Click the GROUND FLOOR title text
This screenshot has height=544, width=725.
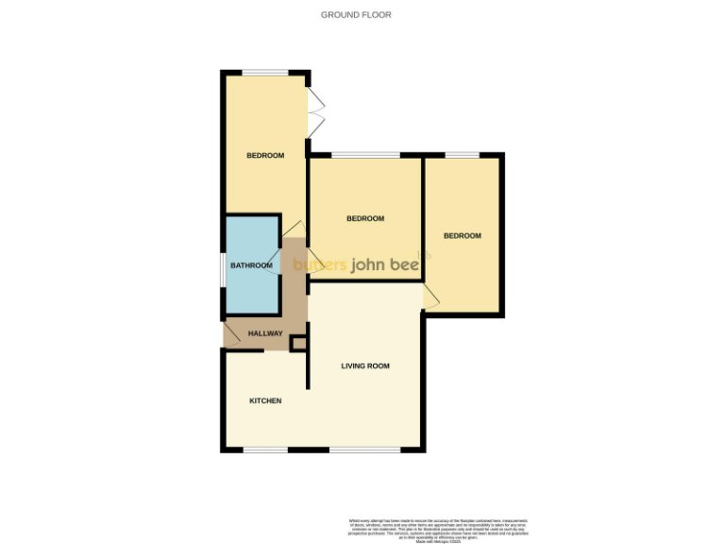[356, 15]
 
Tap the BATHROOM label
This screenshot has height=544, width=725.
[251, 265]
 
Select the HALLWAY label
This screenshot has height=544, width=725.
[265, 334]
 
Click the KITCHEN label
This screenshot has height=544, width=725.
[265, 401]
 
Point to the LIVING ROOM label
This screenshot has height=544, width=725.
[365, 365]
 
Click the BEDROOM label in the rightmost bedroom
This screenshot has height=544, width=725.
[463, 236]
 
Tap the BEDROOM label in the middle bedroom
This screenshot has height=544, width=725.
[365, 219]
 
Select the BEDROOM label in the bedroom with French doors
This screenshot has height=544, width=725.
[265, 156]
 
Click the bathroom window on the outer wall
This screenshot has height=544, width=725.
[224, 265]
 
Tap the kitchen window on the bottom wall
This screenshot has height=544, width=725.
[265, 449]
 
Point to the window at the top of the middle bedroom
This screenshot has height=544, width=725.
[365, 155]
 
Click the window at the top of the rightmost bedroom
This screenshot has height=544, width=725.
[463, 155]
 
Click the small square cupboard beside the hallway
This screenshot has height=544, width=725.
[298, 345]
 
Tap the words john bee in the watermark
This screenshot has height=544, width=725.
[386, 265]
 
